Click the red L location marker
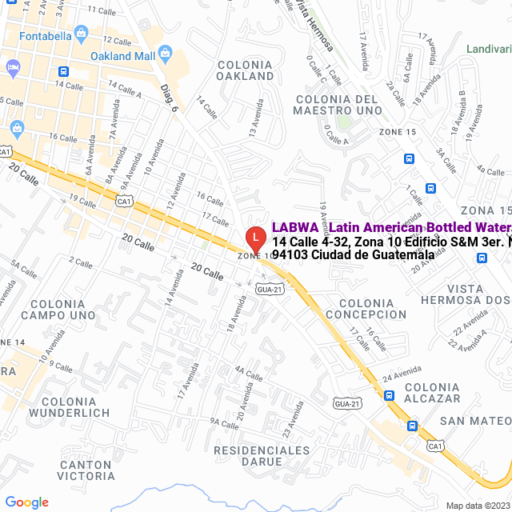point(254,238)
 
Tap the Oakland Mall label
point(122,56)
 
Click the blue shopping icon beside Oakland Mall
point(166,54)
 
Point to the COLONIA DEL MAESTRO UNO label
point(337,104)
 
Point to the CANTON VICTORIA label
point(86,470)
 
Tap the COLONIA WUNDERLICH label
point(69,407)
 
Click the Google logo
point(26,502)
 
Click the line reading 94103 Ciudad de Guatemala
point(354,255)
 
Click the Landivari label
point(489,49)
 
